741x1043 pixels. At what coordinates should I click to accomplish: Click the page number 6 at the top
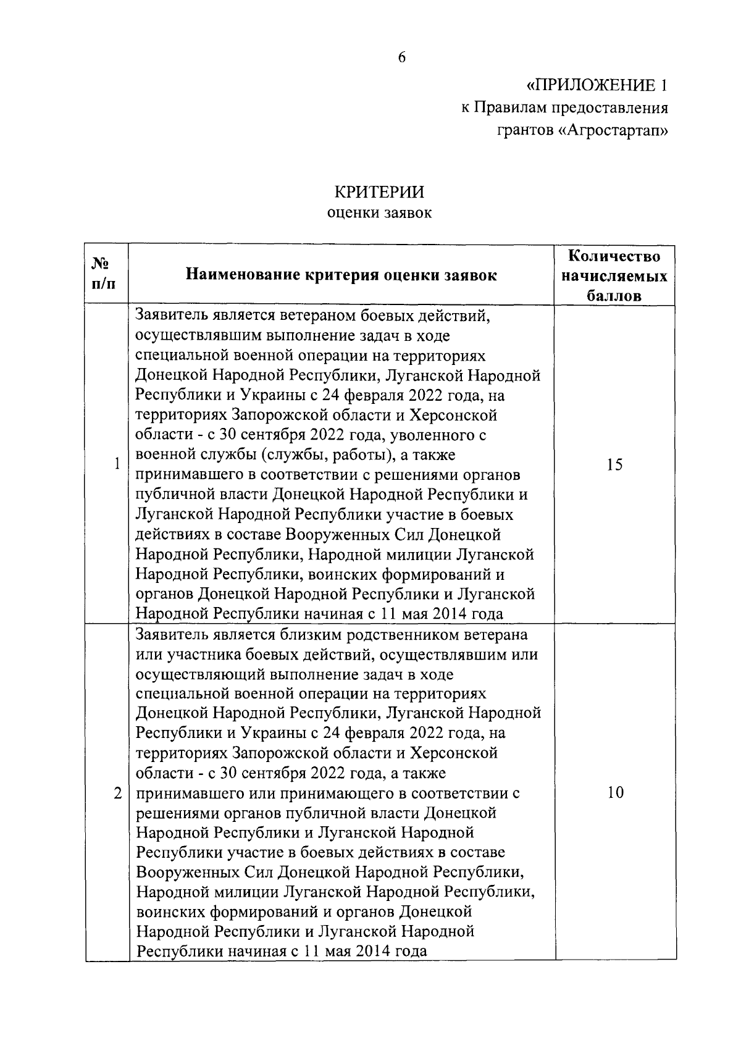402,57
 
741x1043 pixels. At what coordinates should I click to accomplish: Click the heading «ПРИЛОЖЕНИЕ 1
597,85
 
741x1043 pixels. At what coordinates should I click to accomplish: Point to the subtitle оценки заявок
379,213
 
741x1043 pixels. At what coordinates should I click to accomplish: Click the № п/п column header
101,274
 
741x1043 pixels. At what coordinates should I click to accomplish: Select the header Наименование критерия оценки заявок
341,275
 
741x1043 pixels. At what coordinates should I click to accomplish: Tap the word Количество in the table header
614,256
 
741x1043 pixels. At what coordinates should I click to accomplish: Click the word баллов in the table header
614,296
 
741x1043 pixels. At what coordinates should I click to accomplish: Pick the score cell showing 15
614,465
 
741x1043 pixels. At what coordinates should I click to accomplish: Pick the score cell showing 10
614,792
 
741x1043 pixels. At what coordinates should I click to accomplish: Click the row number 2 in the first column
117,792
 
